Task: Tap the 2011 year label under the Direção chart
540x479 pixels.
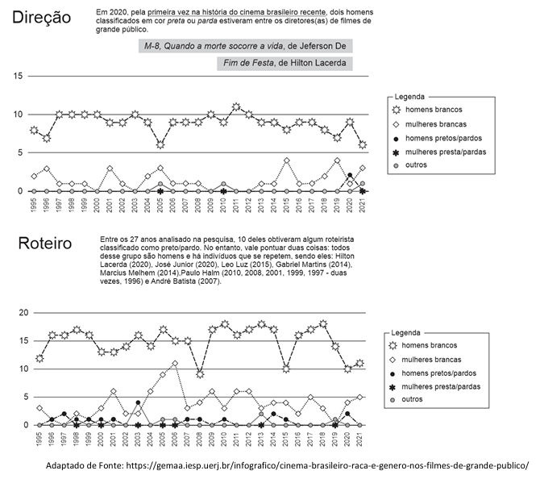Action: tap(235, 205)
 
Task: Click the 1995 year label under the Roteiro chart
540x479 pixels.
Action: tap(39, 440)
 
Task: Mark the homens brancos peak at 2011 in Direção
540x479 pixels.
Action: tap(235, 106)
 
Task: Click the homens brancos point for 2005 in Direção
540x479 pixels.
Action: tap(160, 145)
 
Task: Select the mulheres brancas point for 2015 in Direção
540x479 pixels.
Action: tap(286, 160)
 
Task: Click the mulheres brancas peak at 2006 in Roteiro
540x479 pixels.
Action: tap(174, 364)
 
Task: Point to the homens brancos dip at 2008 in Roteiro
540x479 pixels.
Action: tap(199, 374)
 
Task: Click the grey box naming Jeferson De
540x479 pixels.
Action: tap(243, 48)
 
